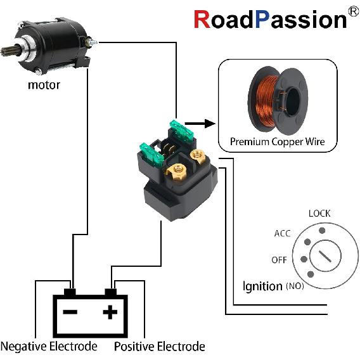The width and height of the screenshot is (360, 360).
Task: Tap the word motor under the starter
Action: (44, 84)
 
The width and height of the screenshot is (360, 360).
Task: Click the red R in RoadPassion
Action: (201, 20)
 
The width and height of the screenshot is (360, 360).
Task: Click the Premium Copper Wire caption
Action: (277, 141)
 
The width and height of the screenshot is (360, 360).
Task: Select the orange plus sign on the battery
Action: (111, 312)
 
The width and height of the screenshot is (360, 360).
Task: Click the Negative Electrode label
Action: (49, 347)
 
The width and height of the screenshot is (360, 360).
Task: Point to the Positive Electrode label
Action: (160, 347)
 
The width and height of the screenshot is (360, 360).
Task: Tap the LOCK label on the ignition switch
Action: (319, 214)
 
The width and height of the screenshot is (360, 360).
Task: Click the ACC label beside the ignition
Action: (282, 233)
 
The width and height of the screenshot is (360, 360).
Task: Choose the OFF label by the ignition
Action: (279, 260)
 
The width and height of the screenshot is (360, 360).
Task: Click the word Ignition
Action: (262, 286)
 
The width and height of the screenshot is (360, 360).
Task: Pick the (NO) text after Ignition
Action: (295, 287)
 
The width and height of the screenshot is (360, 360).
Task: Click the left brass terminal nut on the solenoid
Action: (176, 170)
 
